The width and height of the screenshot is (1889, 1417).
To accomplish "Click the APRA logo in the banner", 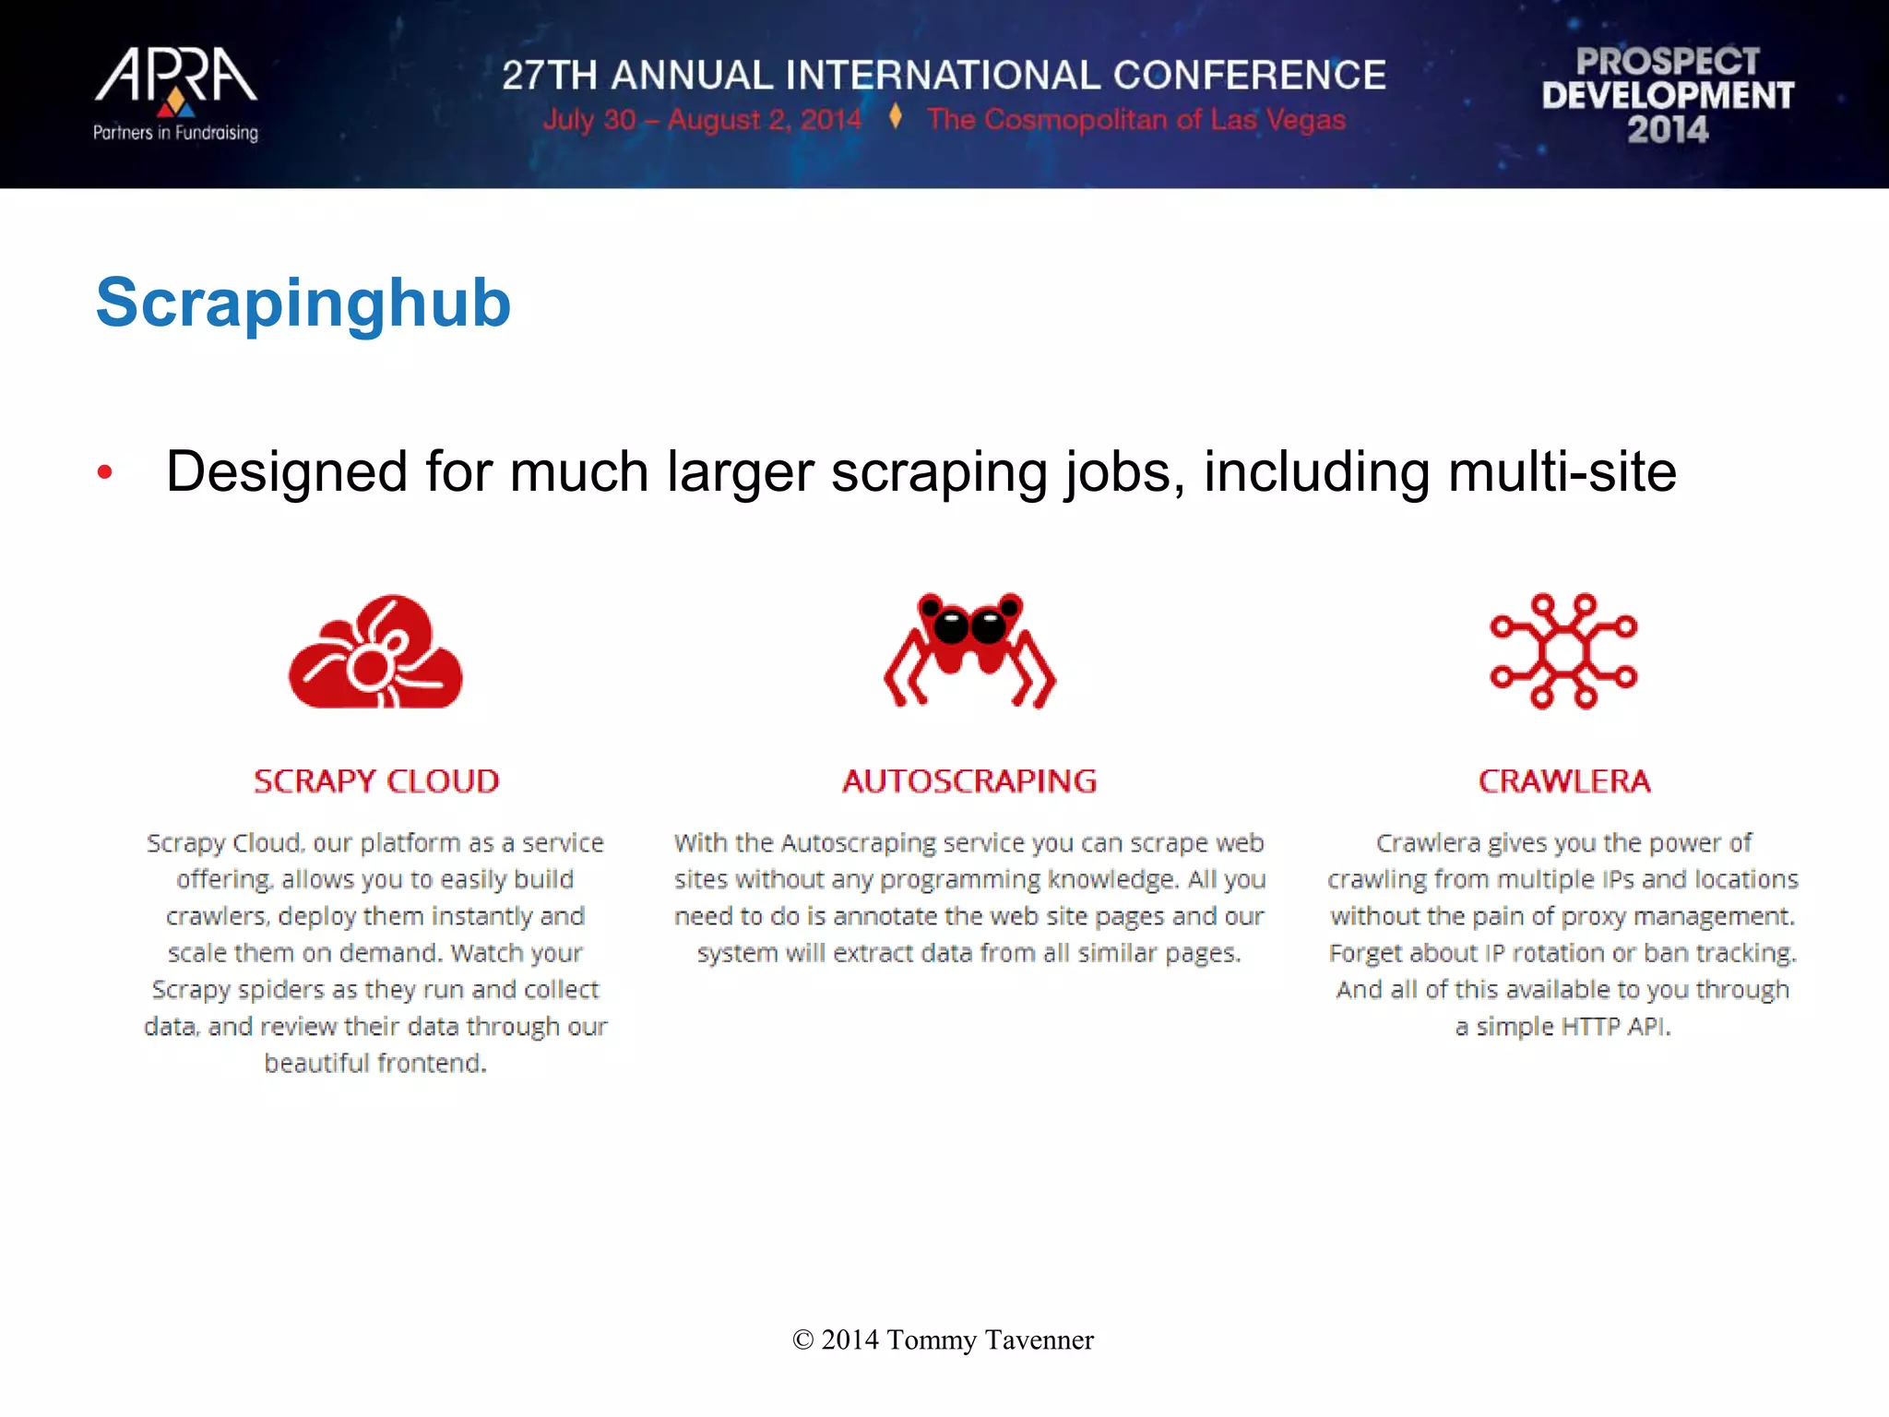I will click(x=175, y=77).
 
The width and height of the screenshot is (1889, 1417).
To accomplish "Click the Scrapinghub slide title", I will click(x=303, y=303).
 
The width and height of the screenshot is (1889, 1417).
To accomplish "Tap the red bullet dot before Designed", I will click(x=105, y=472).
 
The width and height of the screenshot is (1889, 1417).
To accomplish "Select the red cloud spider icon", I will click(x=375, y=652).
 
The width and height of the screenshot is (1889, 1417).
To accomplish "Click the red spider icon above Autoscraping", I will click(x=969, y=649).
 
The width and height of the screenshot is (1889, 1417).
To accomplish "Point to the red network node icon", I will click(x=1563, y=651).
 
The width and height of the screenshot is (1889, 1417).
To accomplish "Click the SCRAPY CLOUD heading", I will click(x=376, y=781).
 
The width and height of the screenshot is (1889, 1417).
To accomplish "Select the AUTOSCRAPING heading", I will click(x=969, y=781).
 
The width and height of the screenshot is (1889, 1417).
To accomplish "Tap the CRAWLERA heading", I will click(x=1564, y=781).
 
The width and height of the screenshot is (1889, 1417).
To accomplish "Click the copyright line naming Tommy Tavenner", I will click(x=943, y=1340).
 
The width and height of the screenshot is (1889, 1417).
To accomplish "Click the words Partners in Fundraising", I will click(x=175, y=133).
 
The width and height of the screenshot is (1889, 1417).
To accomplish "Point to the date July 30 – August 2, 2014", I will click(x=702, y=120).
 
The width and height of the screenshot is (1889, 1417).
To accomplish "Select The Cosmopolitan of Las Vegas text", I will click(x=1136, y=120).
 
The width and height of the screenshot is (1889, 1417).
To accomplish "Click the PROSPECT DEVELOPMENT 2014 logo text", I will click(x=1668, y=95).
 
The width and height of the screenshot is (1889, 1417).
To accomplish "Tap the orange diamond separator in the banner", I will click(x=895, y=117).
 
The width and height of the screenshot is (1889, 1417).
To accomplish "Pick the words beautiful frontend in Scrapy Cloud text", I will click(x=375, y=1063).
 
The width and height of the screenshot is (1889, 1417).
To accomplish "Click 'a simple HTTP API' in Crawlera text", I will click(x=1563, y=1026).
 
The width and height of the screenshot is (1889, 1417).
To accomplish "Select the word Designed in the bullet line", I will click(x=286, y=472).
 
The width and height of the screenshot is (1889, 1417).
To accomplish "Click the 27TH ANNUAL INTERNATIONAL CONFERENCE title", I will click(x=944, y=76).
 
